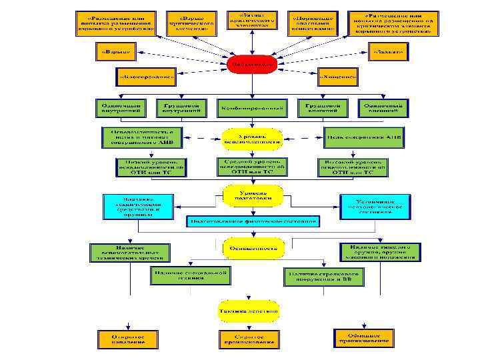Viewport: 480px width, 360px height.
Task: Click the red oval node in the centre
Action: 251,64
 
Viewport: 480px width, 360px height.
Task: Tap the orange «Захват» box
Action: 390,51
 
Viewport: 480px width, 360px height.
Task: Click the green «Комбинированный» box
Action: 251,107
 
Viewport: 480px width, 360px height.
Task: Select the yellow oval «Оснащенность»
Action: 253,247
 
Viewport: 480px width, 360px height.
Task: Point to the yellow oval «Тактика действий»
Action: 250,309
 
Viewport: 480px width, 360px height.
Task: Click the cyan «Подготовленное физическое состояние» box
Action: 254,220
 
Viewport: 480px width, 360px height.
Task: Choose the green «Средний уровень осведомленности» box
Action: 251,166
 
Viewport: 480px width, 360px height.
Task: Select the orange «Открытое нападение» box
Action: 128,338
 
